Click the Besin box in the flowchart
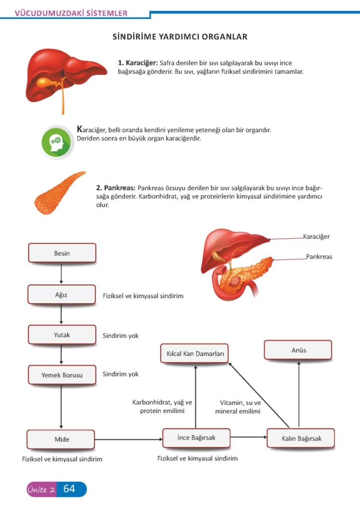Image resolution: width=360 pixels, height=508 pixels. [x=62, y=253]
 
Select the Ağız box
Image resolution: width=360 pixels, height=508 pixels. [x=61, y=294]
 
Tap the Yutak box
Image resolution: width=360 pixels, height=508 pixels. [x=62, y=335]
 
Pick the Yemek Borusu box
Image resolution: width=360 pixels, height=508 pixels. [x=62, y=376]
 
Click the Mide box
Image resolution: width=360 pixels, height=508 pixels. [x=61, y=440]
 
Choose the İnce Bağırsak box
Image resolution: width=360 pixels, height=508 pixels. [x=196, y=438]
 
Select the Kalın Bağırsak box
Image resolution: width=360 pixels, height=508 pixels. [x=301, y=439]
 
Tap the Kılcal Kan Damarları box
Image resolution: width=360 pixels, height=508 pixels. [x=194, y=354]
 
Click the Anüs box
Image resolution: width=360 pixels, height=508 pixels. [x=299, y=350]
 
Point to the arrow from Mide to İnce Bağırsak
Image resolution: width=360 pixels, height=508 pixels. [x=128, y=439]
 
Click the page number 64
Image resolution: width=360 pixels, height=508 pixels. [x=70, y=489]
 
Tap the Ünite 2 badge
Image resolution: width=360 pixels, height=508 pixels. [x=42, y=490]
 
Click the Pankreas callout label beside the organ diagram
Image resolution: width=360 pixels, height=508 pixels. [x=319, y=256]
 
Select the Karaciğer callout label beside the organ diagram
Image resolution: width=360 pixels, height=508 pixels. [x=316, y=237]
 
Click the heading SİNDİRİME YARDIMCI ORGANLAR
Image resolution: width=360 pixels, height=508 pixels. [x=180, y=37]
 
